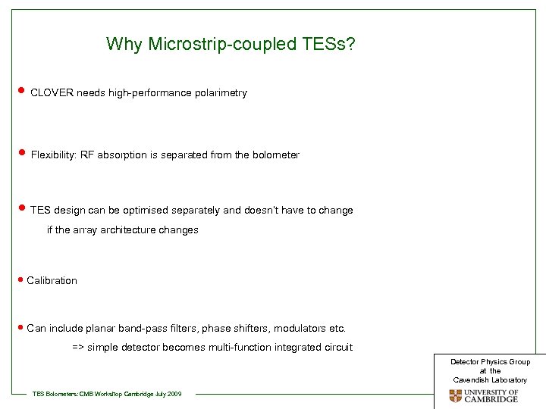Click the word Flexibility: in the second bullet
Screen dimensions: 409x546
[x=55, y=155]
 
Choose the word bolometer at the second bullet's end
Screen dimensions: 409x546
[x=276, y=155]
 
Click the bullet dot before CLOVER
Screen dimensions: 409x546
[x=20, y=92]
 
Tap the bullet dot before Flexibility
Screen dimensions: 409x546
[x=20, y=154]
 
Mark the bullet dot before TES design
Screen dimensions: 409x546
[x=20, y=208]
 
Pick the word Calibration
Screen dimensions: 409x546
[x=52, y=281]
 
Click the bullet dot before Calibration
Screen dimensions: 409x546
[x=20, y=279]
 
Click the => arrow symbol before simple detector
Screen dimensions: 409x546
[x=78, y=348]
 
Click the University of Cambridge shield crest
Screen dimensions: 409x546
[x=455, y=396]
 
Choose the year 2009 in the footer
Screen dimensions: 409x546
[x=174, y=394]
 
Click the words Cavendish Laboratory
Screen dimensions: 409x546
[x=490, y=379]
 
